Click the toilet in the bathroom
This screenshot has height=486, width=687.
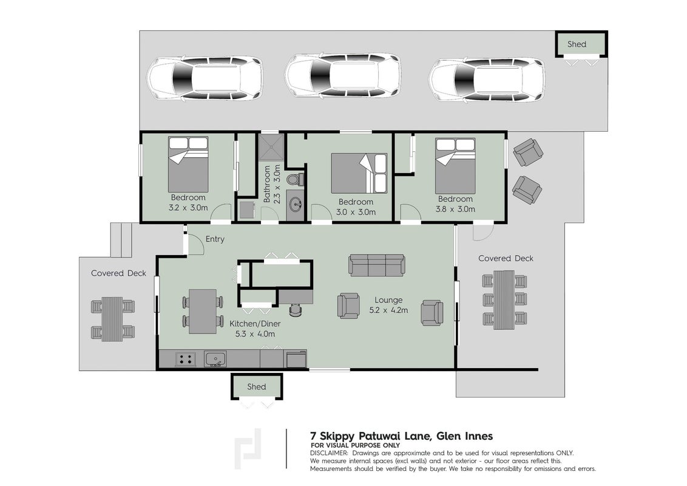(295, 179)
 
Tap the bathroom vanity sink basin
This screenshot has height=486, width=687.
(296, 204)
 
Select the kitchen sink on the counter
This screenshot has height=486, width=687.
(215, 360)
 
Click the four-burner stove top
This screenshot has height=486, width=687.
(185, 359)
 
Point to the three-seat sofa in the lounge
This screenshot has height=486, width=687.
(377, 265)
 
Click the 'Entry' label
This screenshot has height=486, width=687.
(215, 239)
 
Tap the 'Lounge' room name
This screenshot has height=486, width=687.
(388, 301)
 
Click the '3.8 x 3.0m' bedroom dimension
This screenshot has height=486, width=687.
(455, 209)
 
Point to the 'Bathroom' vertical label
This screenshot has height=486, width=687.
(266, 184)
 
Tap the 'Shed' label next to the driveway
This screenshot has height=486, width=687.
(577, 44)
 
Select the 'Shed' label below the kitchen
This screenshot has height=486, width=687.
(256, 386)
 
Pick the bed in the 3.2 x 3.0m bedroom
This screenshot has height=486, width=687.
(188, 164)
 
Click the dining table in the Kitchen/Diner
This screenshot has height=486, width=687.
(203, 312)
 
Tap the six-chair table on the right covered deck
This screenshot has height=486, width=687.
(504, 299)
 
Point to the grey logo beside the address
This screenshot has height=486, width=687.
(248, 448)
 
